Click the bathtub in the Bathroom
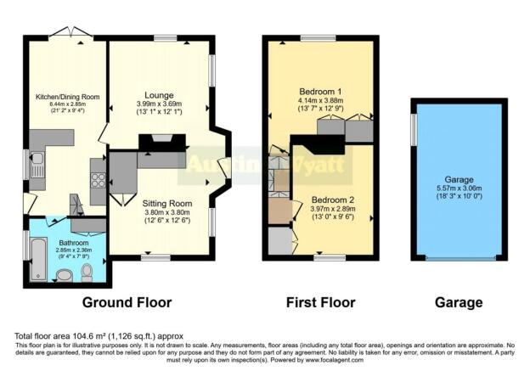coord(37,261)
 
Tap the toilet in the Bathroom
coord(87,272)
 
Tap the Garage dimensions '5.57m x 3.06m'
coord(459,192)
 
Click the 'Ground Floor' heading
coord(127,302)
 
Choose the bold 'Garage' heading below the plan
coord(459,302)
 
